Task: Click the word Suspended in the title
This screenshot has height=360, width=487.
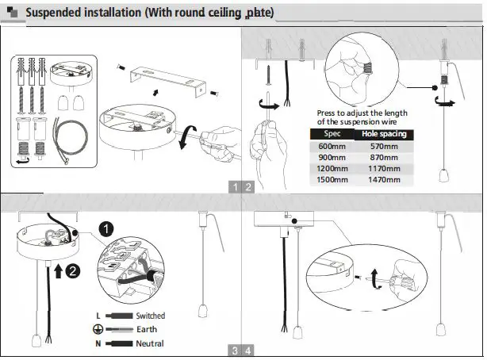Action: (59, 13)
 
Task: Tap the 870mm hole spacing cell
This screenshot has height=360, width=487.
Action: (384, 157)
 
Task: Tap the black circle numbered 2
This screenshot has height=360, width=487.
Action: (72, 270)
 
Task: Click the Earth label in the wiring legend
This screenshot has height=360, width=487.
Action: (147, 329)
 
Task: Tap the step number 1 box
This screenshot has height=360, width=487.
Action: (235, 187)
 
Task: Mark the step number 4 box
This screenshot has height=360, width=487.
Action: (249, 350)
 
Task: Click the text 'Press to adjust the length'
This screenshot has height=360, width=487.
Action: (362, 113)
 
